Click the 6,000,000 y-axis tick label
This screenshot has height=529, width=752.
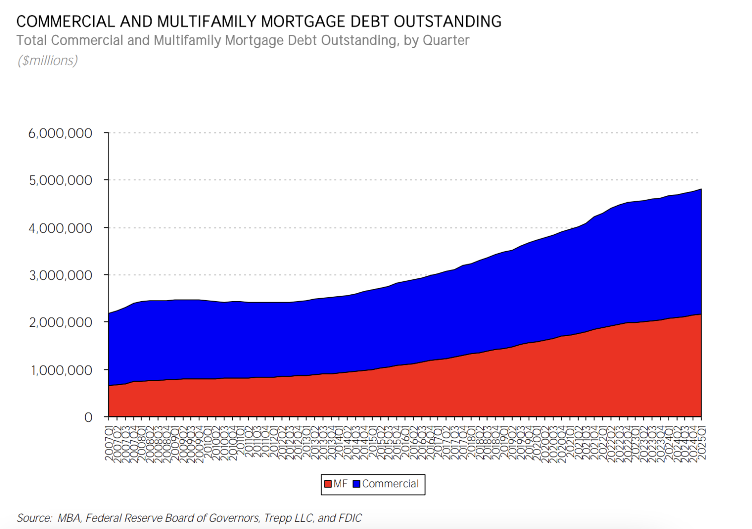click(60, 133)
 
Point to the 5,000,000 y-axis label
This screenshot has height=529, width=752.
click(60, 180)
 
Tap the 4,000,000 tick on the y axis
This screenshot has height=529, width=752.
click(60, 228)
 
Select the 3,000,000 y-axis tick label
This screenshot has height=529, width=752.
click(60, 275)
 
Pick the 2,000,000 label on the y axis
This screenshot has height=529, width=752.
click(60, 322)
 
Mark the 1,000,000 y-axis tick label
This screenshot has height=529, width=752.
click(61, 370)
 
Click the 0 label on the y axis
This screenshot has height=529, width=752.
click(88, 417)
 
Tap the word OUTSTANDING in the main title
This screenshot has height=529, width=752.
click(447, 22)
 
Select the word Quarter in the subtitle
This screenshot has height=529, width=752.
click(446, 40)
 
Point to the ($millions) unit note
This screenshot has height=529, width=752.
click(47, 60)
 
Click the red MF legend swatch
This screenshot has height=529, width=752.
click(328, 484)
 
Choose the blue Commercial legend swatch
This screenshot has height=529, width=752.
click(356, 484)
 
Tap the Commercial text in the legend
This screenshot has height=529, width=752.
click(390, 484)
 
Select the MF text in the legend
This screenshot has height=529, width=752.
click(340, 484)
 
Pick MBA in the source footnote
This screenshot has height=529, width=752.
click(69, 518)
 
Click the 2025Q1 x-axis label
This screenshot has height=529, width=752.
click(702, 443)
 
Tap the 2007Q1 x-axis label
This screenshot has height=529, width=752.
click(109, 443)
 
